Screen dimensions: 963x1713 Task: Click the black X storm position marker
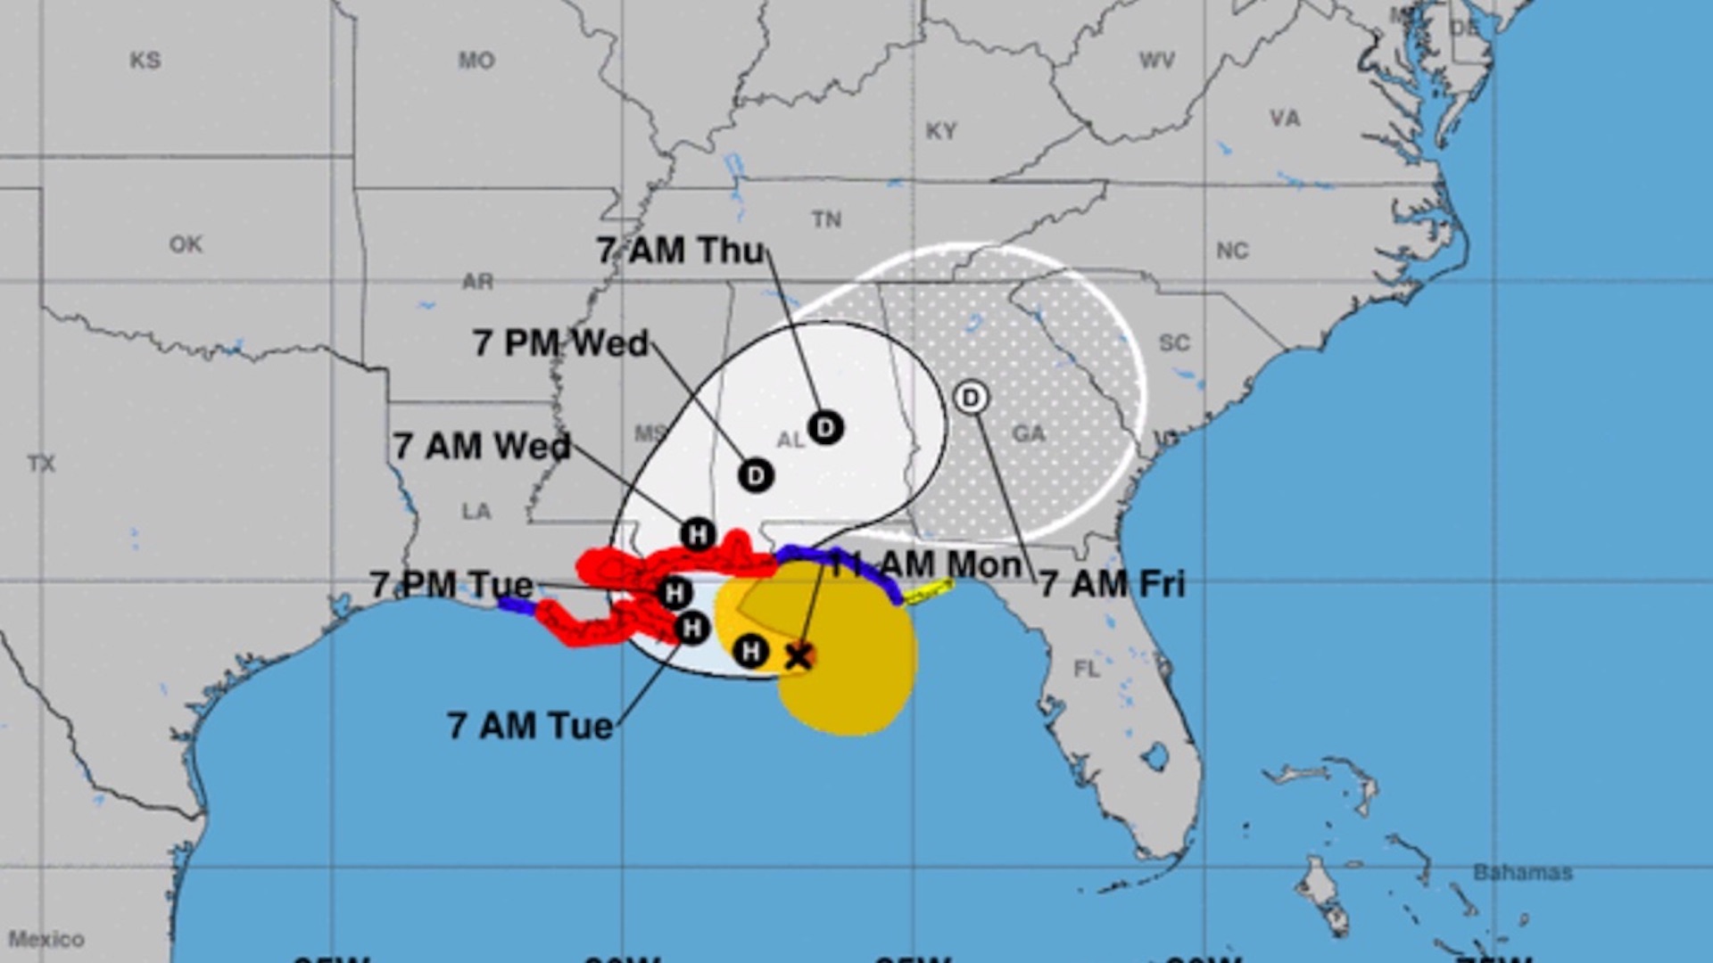click(x=798, y=657)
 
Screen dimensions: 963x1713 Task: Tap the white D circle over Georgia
click(x=971, y=398)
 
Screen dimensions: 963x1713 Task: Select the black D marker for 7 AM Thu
click(x=825, y=428)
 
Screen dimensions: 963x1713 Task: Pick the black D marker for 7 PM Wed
click(x=756, y=475)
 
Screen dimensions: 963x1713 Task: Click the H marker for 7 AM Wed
click(x=698, y=535)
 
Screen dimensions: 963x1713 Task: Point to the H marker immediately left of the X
click(x=751, y=652)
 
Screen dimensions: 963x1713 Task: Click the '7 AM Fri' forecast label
click(x=1113, y=585)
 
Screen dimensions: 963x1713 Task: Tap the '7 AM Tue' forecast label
click(x=530, y=726)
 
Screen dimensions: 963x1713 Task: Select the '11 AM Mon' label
click(x=925, y=564)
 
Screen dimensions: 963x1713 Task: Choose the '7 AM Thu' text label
click(x=681, y=251)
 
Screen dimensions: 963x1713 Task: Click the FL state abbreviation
click(x=1087, y=669)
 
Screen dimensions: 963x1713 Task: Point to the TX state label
click(x=41, y=464)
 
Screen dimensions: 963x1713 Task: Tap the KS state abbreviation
click(x=145, y=61)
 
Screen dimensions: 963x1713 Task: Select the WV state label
click(x=1156, y=61)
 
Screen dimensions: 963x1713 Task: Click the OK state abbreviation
click(x=186, y=244)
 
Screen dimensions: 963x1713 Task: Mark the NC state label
click(x=1232, y=251)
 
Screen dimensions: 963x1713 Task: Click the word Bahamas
click(x=1522, y=872)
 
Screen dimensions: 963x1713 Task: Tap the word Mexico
click(x=46, y=939)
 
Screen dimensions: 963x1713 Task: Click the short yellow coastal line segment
click(x=928, y=592)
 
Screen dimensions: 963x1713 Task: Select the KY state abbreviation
click(x=940, y=131)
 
